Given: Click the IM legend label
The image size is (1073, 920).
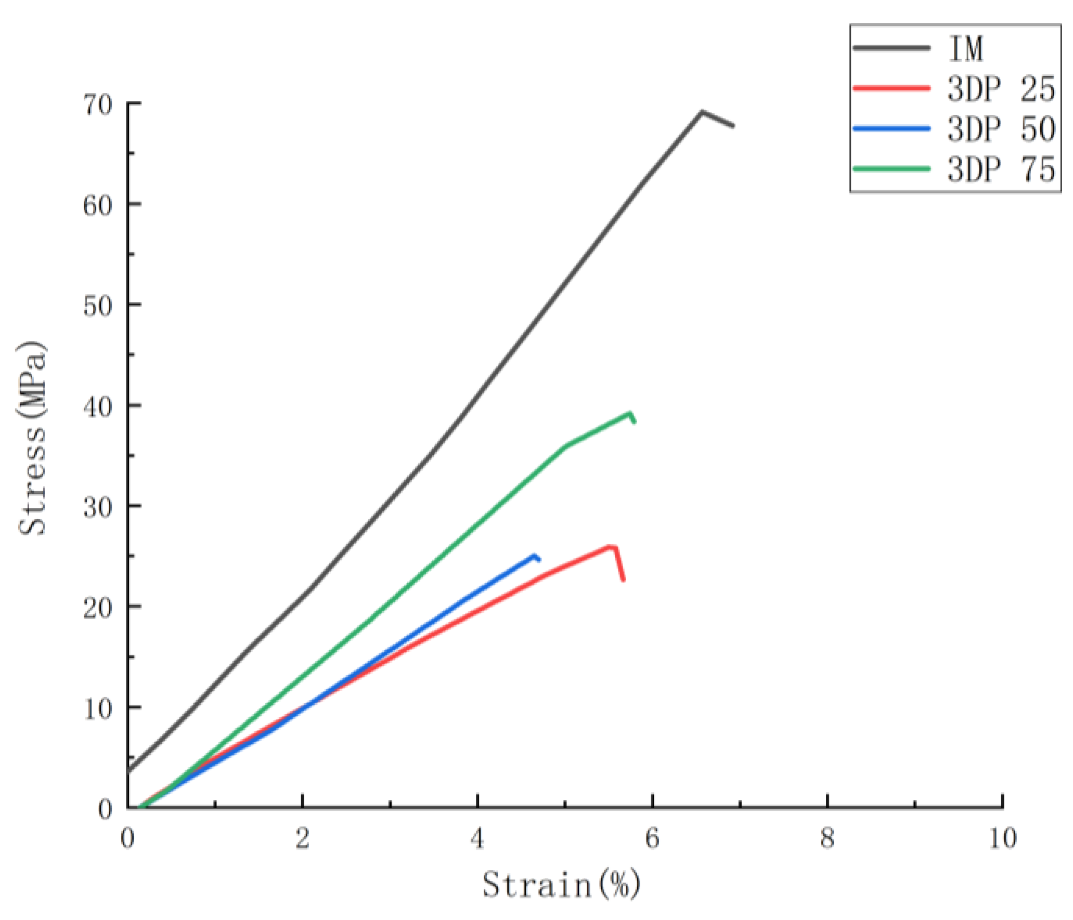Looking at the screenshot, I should coord(966,48).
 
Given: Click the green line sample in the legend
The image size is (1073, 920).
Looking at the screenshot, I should coord(891,168).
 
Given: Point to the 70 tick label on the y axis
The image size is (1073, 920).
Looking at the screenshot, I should coord(97,106).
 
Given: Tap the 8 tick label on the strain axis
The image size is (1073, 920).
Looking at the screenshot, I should coord(828,838).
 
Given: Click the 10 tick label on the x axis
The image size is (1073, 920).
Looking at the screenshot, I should coord(1002,838).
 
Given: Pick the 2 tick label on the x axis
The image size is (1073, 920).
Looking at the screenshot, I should coord(303,838).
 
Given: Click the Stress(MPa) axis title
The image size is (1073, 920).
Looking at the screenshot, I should coord(32,438).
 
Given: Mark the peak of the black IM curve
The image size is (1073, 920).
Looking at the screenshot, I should coord(702,111).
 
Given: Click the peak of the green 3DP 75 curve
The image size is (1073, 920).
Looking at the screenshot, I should coord(630,413).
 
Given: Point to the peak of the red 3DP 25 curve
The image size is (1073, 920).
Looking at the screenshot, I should coord(612,546).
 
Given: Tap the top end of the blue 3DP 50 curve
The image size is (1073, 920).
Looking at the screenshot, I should coord(534,555).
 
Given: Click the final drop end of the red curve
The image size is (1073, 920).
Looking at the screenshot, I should coord(623,580).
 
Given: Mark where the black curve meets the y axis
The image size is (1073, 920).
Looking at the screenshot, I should coord(128,771).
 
